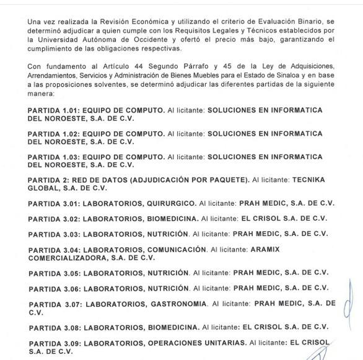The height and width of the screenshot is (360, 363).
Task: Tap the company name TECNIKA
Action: [308, 180]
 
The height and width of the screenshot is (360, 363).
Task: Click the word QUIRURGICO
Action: [172, 203]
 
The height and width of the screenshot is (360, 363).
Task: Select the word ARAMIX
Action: [265, 250]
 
